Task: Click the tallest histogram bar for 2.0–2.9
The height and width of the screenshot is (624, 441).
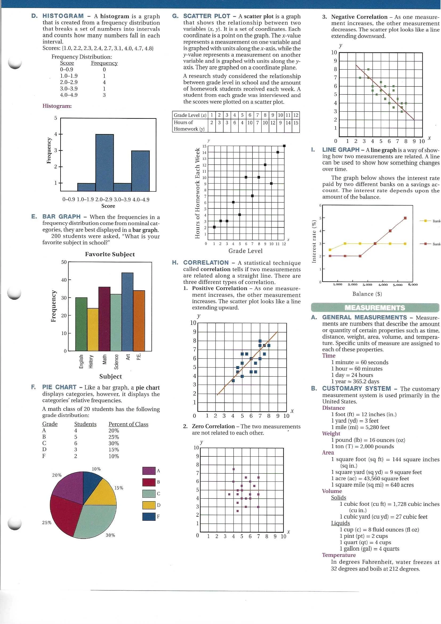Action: tap(105, 163)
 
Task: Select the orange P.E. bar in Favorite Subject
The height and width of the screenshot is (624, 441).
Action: tap(139, 321)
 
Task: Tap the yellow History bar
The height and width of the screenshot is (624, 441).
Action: tap(93, 329)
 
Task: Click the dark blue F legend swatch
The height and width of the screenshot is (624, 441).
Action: tap(149, 516)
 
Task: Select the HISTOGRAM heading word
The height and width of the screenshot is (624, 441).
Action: tap(63, 16)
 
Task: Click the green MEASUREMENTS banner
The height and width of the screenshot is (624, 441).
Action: tap(375, 308)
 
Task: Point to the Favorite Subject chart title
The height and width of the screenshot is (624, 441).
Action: tap(110, 254)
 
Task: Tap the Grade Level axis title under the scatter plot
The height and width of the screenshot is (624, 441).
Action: tap(246, 251)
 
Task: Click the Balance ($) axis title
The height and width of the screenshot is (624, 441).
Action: tap(367, 294)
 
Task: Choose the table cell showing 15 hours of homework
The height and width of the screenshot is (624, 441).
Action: tap(296, 123)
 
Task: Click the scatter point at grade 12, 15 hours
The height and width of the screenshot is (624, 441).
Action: tap(284, 146)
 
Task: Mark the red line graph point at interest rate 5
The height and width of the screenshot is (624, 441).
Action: tap(405, 218)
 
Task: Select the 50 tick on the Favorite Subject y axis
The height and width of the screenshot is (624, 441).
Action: tap(64, 262)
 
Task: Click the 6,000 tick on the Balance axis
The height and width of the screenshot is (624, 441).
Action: tap(412, 285)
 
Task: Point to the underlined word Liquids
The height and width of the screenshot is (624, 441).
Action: tap(340, 523)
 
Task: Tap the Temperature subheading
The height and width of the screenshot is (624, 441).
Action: tap(339, 555)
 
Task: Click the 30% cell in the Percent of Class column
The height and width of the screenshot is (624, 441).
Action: tap(114, 443)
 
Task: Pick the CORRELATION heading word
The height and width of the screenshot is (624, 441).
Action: tap(206, 263)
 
